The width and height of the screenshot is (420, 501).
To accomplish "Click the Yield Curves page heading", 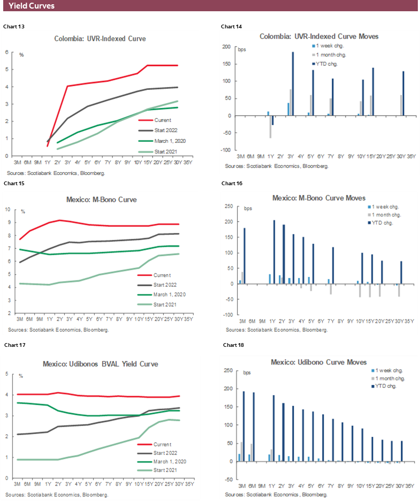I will click(x=32, y=6).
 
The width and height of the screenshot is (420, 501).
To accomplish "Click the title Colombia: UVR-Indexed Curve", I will click(x=100, y=39).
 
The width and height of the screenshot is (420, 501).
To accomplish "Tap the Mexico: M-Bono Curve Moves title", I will click(x=319, y=198).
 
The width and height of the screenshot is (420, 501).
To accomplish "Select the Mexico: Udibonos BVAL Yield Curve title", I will click(x=100, y=364).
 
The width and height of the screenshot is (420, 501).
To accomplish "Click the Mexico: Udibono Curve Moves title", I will click(x=318, y=362).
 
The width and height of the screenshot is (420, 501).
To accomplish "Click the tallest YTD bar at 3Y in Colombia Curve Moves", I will click(x=293, y=83).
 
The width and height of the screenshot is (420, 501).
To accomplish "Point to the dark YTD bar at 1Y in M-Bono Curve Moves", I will click(x=274, y=252).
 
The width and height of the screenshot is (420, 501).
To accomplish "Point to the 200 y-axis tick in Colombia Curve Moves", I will click(x=230, y=47).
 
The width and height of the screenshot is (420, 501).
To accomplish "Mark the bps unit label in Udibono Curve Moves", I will click(x=247, y=372).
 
